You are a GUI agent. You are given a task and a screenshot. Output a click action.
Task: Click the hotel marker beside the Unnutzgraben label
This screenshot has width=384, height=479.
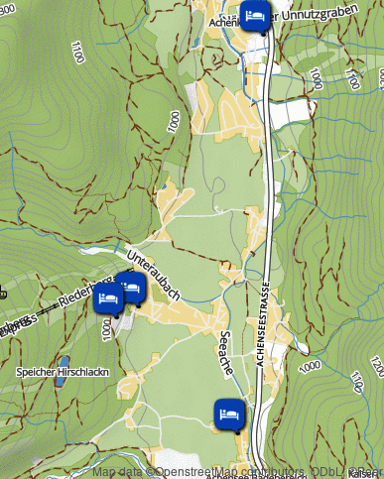[x=255, y=17]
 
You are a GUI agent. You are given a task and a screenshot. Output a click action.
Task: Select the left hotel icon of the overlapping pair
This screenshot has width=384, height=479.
[x=107, y=299]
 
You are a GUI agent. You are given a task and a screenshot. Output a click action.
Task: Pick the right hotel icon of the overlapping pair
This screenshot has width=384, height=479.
[x=131, y=288]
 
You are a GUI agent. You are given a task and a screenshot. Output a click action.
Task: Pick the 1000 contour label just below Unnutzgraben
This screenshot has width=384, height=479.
[x=316, y=77]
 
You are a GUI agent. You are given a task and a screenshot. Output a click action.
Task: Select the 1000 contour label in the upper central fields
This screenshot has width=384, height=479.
[x=174, y=121]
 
